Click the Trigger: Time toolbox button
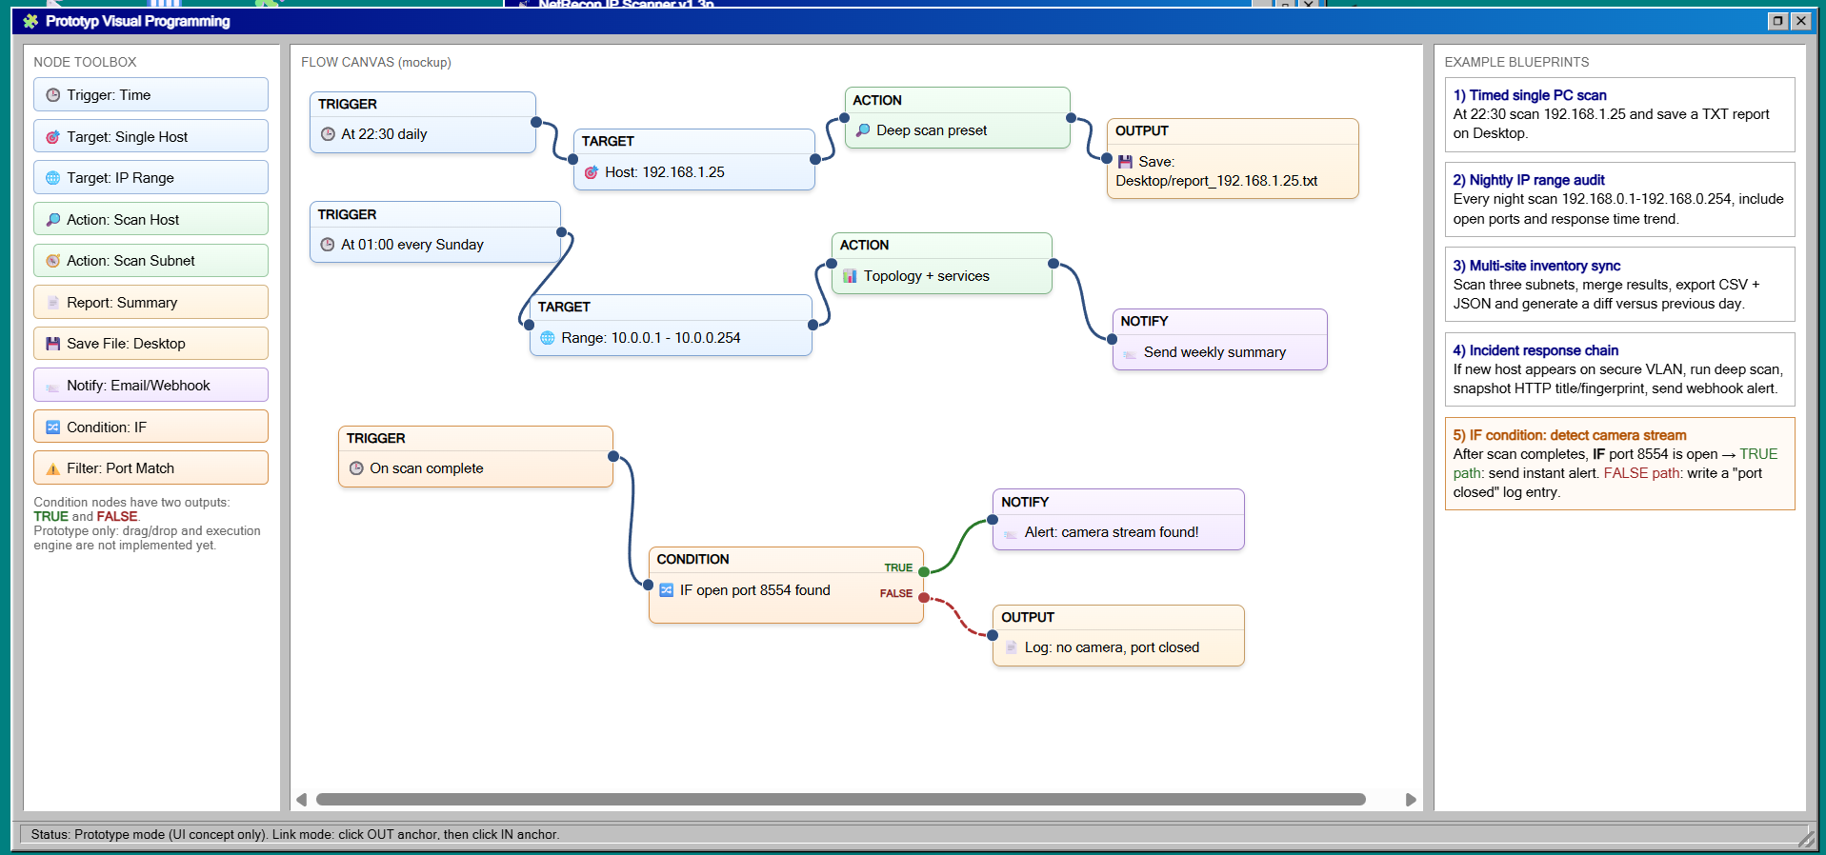[150, 95]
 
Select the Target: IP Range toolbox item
[150, 178]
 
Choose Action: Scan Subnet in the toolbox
[150, 261]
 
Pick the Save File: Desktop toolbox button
[150, 344]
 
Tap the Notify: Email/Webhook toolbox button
[150, 386]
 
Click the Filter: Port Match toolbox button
[150, 468]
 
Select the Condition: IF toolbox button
[150, 427]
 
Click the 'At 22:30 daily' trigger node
[423, 123]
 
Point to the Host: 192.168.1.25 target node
[694, 160]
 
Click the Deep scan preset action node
[957, 118]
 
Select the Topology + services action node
[942, 264]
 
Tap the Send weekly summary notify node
[1219, 340]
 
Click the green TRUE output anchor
[924, 571]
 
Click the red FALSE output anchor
[924, 597]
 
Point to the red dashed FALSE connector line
[958, 616]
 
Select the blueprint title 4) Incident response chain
[1535, 350]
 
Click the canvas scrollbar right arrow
[1411, 800]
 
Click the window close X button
[1800, 21]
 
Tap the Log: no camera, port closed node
[1118, 636]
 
